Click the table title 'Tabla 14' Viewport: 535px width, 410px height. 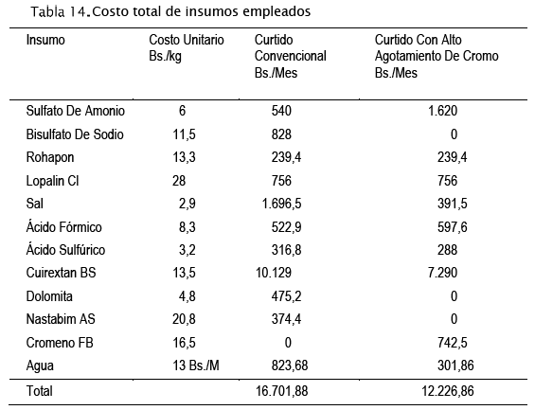61,12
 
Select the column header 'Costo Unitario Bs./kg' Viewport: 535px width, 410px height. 187,47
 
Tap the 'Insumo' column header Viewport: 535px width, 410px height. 45,40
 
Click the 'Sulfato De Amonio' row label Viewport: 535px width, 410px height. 76,111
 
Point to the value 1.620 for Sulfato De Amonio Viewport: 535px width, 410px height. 442,111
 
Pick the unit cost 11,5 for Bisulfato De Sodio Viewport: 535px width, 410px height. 184,134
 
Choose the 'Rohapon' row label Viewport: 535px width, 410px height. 50,157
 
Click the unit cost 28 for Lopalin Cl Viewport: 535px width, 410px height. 179,181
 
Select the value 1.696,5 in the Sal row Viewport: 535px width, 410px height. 281,204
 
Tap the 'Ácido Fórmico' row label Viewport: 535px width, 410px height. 63,227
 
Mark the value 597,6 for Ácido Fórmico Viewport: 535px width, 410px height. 452,227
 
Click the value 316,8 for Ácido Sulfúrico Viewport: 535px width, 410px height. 286,250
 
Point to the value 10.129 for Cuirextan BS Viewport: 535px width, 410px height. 274,273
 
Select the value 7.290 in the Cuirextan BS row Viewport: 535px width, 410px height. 442,273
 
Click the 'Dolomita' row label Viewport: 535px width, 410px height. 49,296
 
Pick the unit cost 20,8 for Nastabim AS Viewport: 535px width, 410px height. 184,319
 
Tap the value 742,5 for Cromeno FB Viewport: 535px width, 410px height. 452,343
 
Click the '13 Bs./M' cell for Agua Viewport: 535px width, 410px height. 196,365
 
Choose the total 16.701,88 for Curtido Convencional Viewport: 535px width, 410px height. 282,391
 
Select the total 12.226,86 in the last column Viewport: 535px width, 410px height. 448,391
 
